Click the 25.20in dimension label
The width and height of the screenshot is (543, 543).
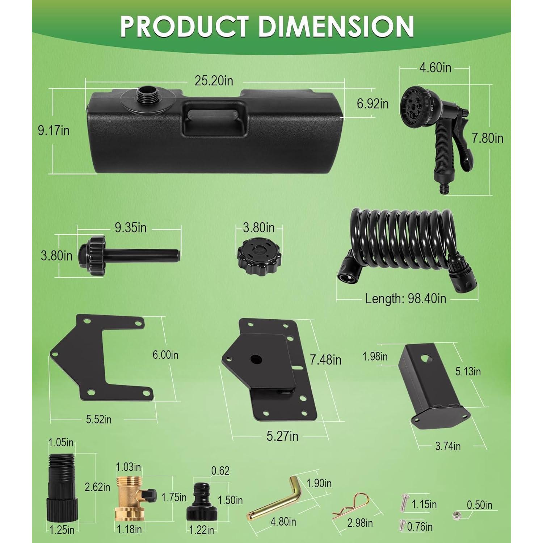click(x=214, y=80)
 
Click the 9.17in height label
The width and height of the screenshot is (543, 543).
click(x=54, y=130)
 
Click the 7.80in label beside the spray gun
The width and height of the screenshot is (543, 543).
click(x=487, y=138)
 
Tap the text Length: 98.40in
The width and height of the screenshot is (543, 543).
click(x=405, y=299)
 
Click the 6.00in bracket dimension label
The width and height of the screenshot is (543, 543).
click(x=165, y=355)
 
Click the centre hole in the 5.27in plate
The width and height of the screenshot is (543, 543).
click(x=256, y=359)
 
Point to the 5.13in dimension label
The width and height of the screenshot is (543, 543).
click(x=468, y=371)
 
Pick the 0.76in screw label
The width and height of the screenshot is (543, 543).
click(x=420, y=526)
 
